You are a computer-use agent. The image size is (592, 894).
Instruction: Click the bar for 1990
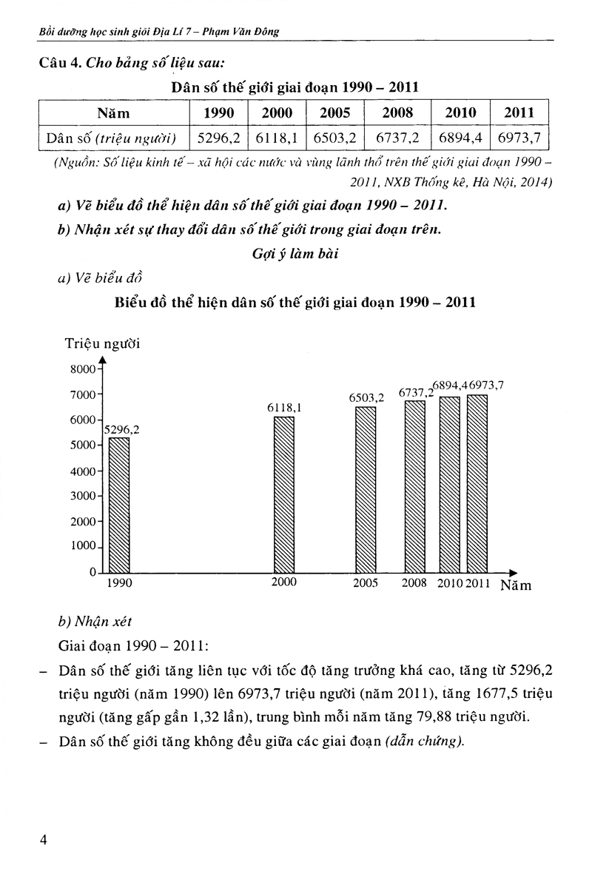[x=118, y=505]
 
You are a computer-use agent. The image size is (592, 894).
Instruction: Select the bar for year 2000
[x=283, y=494]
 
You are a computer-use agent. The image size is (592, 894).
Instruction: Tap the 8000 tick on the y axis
[x=83, y=369]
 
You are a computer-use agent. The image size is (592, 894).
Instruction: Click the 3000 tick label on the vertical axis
[x=83, y=496]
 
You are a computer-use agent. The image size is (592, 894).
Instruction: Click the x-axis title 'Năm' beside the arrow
[x=515, y=585]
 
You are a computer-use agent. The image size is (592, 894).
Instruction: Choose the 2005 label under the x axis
[x=366, y=583]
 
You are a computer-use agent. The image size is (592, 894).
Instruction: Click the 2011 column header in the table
[x=519, y=112]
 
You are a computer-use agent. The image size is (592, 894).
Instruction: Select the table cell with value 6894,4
[x=460, y=137]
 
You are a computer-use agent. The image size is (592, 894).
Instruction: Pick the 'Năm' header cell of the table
[x=113, y=112]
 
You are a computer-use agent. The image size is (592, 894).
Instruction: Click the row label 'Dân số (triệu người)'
[x=113, y=137]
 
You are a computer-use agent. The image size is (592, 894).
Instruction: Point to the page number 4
[x=44, y=839]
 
